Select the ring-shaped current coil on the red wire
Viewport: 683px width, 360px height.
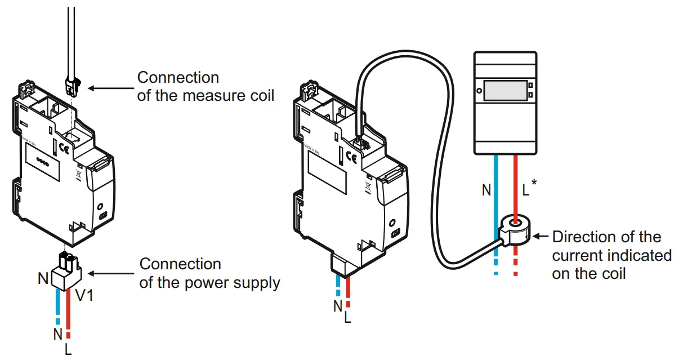pos(516,228)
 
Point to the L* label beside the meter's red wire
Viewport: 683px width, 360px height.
pos(529,189)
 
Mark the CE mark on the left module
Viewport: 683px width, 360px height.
pos(63,150)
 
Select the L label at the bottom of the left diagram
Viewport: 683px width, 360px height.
pos(68,349)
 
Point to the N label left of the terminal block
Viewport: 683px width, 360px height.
pos(43,278)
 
